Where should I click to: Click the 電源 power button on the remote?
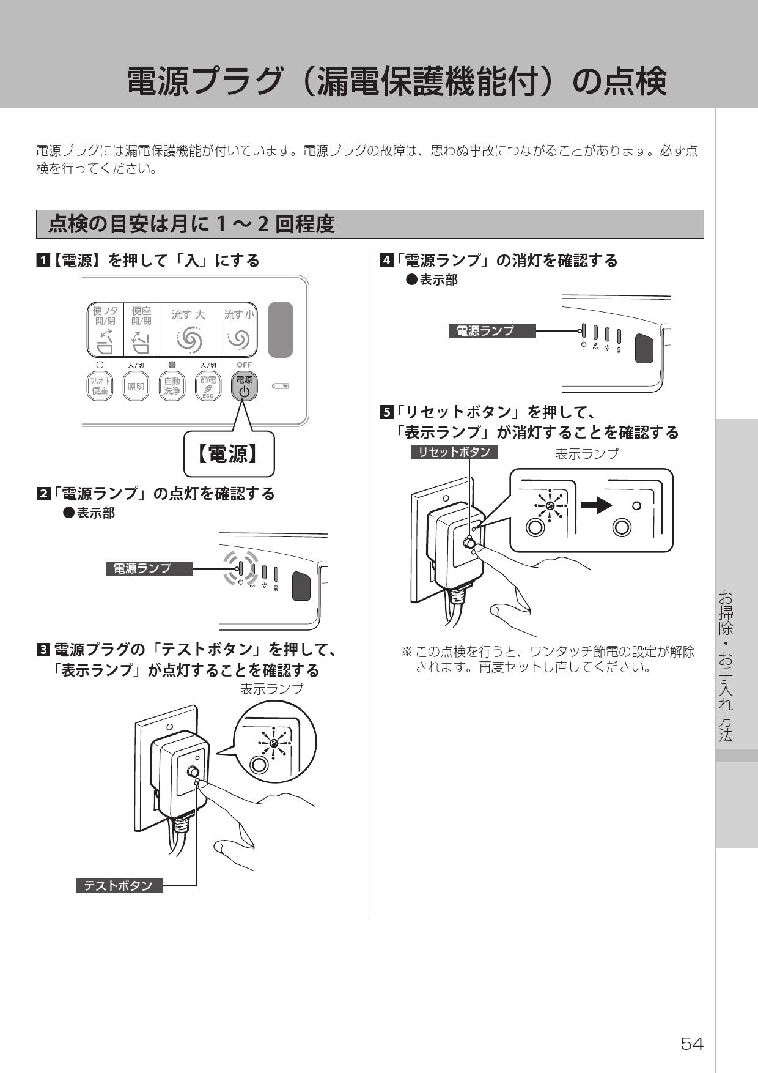pos(244,387)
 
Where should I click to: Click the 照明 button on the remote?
pos(136,387)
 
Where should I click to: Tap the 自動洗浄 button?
pos(172,387)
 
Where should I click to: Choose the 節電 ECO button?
pos(208,387)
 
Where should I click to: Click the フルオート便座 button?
pos(100,387)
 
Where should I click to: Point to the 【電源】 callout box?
pos(229,455)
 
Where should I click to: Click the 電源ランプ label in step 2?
pos(149,568)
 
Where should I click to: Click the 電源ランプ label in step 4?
pos(492,331)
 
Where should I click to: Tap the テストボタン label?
pos(119,886)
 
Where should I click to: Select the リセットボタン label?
pos(454,452)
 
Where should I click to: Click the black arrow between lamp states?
pos(595,505)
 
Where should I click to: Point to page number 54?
pos(692,1044)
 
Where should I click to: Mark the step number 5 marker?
pos(386,413)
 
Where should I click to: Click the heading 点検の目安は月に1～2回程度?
pos(192,225)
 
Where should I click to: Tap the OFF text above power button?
pos(244,365)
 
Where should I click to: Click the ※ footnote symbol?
pos(406,652)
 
